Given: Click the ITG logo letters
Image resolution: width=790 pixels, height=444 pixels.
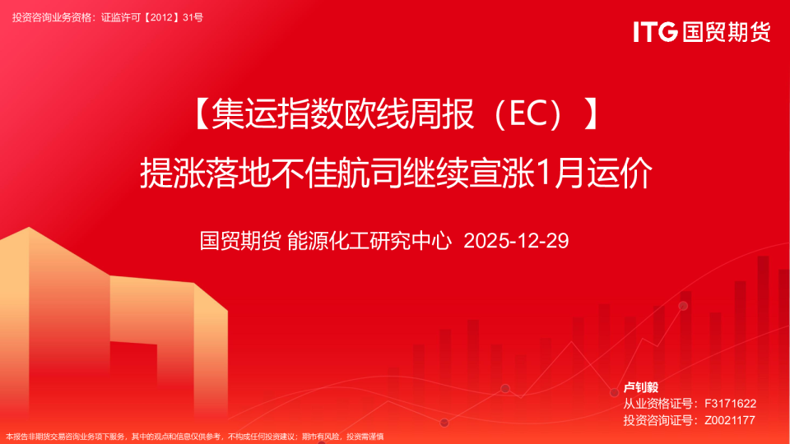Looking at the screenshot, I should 655,32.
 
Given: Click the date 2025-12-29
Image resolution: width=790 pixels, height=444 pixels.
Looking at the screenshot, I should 517,241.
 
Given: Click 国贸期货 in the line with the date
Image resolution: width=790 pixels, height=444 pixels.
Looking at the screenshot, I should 240,241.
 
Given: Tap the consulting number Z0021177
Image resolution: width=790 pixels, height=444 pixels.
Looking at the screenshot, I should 730,420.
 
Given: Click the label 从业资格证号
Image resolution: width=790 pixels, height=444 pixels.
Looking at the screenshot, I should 658,403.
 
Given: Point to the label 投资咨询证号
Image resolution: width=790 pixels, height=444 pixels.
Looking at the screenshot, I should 658,420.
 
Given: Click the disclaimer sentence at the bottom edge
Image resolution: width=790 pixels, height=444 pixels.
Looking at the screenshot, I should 194,437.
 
